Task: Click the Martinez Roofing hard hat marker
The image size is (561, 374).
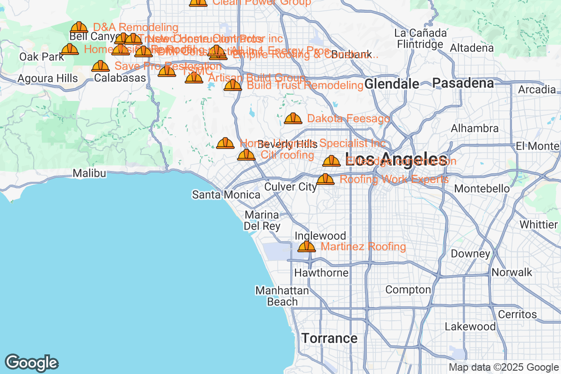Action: tap(307, 246)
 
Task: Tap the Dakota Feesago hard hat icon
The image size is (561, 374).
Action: tap(293, 118)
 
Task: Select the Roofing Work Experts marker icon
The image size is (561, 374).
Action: tap(325, 179)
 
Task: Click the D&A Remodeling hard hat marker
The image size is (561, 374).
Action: tap(79, 28)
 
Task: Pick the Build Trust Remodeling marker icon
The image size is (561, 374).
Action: tap(233, 85)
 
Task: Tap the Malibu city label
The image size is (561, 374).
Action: tap(89, 173)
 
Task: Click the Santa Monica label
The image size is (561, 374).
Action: tap(226, 194)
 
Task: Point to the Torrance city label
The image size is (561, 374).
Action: tap(329, 338)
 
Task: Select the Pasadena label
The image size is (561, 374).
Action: tap(463, 83)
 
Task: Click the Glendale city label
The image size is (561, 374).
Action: tap(392, 84)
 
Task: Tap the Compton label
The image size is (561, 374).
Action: tap(408, 290)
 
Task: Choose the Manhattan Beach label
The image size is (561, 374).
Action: tap(282, 296)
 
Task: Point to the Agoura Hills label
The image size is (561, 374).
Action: tap(47, 79)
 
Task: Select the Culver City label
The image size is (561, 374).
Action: tap(290, 187)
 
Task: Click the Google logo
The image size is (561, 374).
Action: tap(31, 362)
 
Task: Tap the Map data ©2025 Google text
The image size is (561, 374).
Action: tap(503, 367)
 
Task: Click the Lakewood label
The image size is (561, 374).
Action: tap(470, 326)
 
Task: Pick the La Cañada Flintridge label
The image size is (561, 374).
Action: tap(420, 39)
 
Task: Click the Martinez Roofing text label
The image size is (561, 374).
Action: tap(363, 246)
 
